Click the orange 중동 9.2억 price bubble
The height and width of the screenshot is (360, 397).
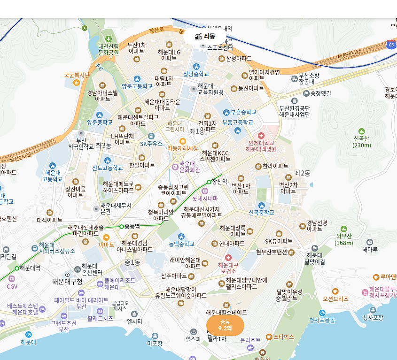pos(225,325)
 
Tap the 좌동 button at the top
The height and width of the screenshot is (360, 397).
pos(205,36)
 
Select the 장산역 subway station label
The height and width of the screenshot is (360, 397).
pos(219,181)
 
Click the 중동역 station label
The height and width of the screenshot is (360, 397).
pos(132,226)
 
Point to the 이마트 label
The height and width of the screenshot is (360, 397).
pos(106,245)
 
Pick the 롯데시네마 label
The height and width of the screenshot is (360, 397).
pos(205,199)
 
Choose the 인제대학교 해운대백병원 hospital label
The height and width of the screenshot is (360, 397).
pos(261,146)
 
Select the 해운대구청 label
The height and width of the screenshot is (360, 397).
pos(67,282)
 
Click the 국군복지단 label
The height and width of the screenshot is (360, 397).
pos(77,75)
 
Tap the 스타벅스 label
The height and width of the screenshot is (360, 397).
pos(283,337)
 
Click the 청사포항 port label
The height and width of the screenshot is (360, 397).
pos(373,317)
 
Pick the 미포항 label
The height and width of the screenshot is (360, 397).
pos(155,343)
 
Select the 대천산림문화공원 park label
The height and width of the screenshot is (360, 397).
pos(109,49)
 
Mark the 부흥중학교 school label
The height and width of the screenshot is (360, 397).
pos(243,112)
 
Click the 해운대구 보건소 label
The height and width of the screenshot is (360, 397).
pos(228,268)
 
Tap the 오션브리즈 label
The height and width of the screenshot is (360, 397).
pos(335,299)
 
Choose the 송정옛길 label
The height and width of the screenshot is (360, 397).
pos(321,93)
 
